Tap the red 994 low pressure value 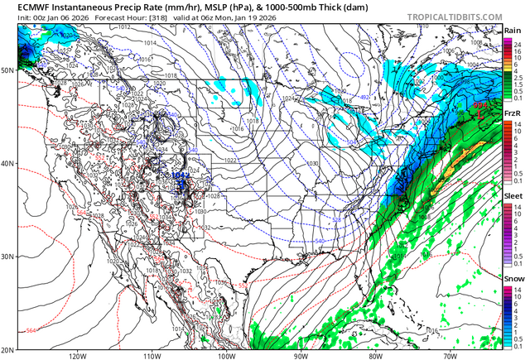point(479,105)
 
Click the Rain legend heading point(513,31)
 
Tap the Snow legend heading point(513,279)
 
